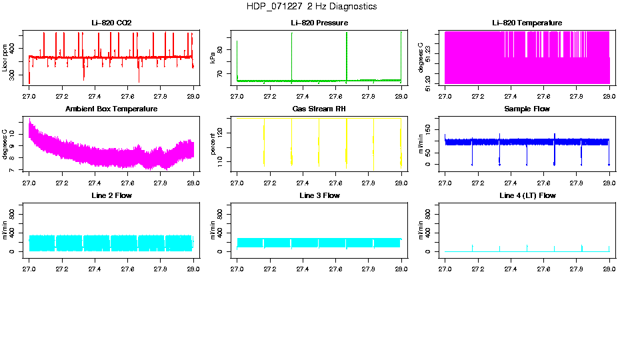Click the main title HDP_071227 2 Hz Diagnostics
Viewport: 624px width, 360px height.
[311, 7]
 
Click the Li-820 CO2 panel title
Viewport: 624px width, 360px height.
[111, 23]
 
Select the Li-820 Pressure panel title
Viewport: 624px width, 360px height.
[319, 23]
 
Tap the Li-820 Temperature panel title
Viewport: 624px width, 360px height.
[527, 23]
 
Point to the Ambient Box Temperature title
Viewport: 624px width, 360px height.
[111, 109]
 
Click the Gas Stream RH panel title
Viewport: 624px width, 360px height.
[319, 109]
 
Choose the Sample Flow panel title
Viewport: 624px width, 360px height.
[527, 109]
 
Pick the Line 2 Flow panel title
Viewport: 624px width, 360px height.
[111, 195]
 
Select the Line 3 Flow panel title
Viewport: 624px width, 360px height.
[319, 195]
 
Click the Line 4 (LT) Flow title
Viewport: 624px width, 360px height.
[527, 195]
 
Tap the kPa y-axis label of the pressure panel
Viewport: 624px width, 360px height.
[213, 58]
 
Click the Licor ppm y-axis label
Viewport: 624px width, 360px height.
[5, 58]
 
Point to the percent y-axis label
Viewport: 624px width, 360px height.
[213, 144]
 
